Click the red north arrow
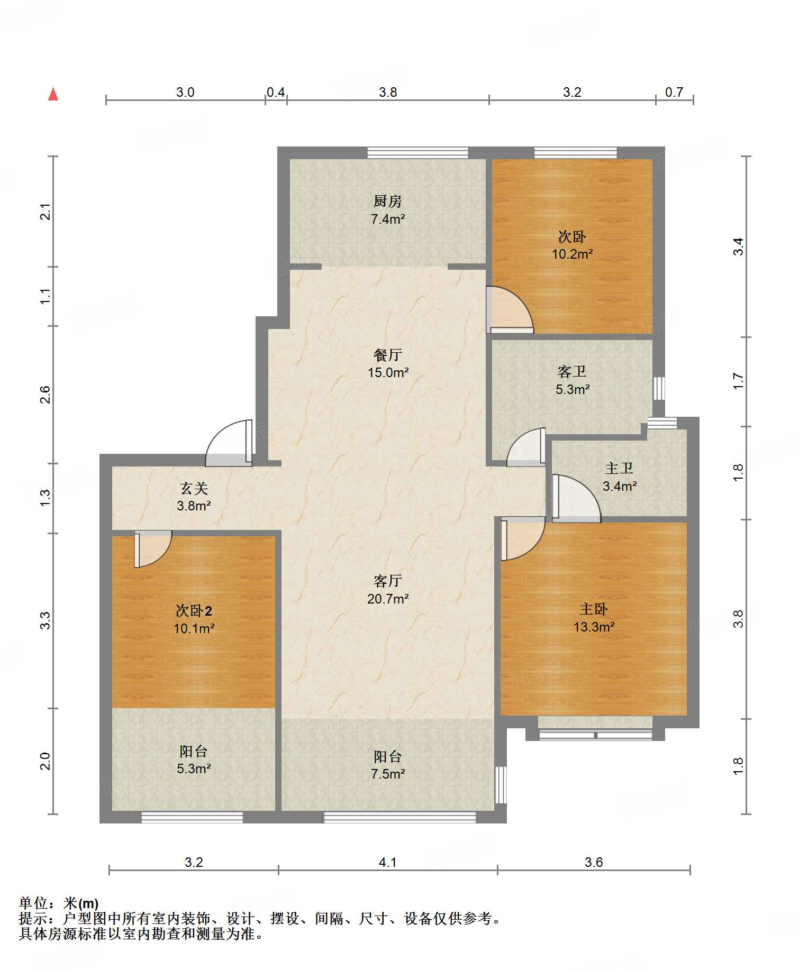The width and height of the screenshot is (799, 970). coord(53,94)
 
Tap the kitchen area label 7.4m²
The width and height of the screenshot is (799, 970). coord(388,219)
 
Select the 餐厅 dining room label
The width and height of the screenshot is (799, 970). coord(388,355)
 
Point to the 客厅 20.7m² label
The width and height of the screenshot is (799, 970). coord(388,590)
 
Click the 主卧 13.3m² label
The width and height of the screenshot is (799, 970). coord(594,618)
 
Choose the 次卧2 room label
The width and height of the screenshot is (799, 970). coord(194,611)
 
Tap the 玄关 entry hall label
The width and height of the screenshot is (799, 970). coord(194,488)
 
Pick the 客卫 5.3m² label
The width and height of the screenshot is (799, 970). coord(572,380)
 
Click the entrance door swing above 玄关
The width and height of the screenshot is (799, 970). coord(229,443)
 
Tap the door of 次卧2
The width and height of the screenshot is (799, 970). coord(152,548)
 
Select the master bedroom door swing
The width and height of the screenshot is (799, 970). coord(523,538)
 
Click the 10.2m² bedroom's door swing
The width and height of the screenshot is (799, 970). coord(510,310)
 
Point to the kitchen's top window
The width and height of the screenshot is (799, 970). coord(418,153)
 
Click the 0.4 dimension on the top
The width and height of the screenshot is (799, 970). coord(276,93)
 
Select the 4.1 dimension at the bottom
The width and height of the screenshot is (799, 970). coord(388,863)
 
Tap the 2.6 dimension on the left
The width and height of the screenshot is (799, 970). coord(46,395)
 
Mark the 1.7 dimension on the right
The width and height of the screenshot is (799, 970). coord(738,381)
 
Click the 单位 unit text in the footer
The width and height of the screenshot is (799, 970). coord(33,903)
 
